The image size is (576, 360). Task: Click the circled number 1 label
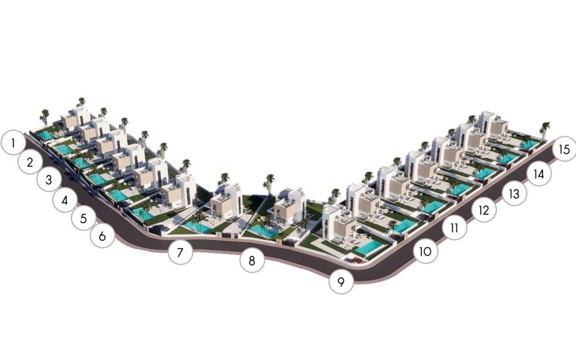13,143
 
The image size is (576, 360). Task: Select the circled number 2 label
30,162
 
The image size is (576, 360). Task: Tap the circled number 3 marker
49,180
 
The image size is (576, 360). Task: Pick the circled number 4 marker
65,200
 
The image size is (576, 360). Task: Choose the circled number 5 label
84,218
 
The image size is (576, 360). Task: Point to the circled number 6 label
102,236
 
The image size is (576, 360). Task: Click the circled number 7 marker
180,252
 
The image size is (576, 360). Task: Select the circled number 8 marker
252,260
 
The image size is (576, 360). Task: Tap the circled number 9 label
341,282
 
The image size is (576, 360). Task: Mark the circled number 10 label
425,251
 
